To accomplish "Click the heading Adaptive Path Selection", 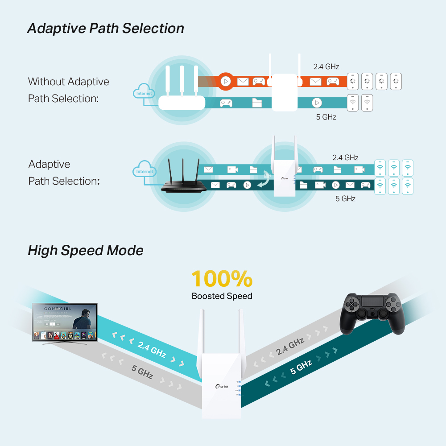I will tap(105, 29).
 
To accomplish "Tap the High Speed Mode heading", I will tap(85, 250).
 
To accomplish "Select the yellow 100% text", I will tap(222, 279).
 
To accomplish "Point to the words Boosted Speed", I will tap(222, 296).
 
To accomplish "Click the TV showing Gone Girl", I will tap(65, 322).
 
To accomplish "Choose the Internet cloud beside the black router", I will tap(144, 172).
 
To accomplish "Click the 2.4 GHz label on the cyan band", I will tap(152, 350).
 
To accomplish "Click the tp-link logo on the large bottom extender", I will tap(222, 386).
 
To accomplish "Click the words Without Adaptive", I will tap(68, 82).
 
